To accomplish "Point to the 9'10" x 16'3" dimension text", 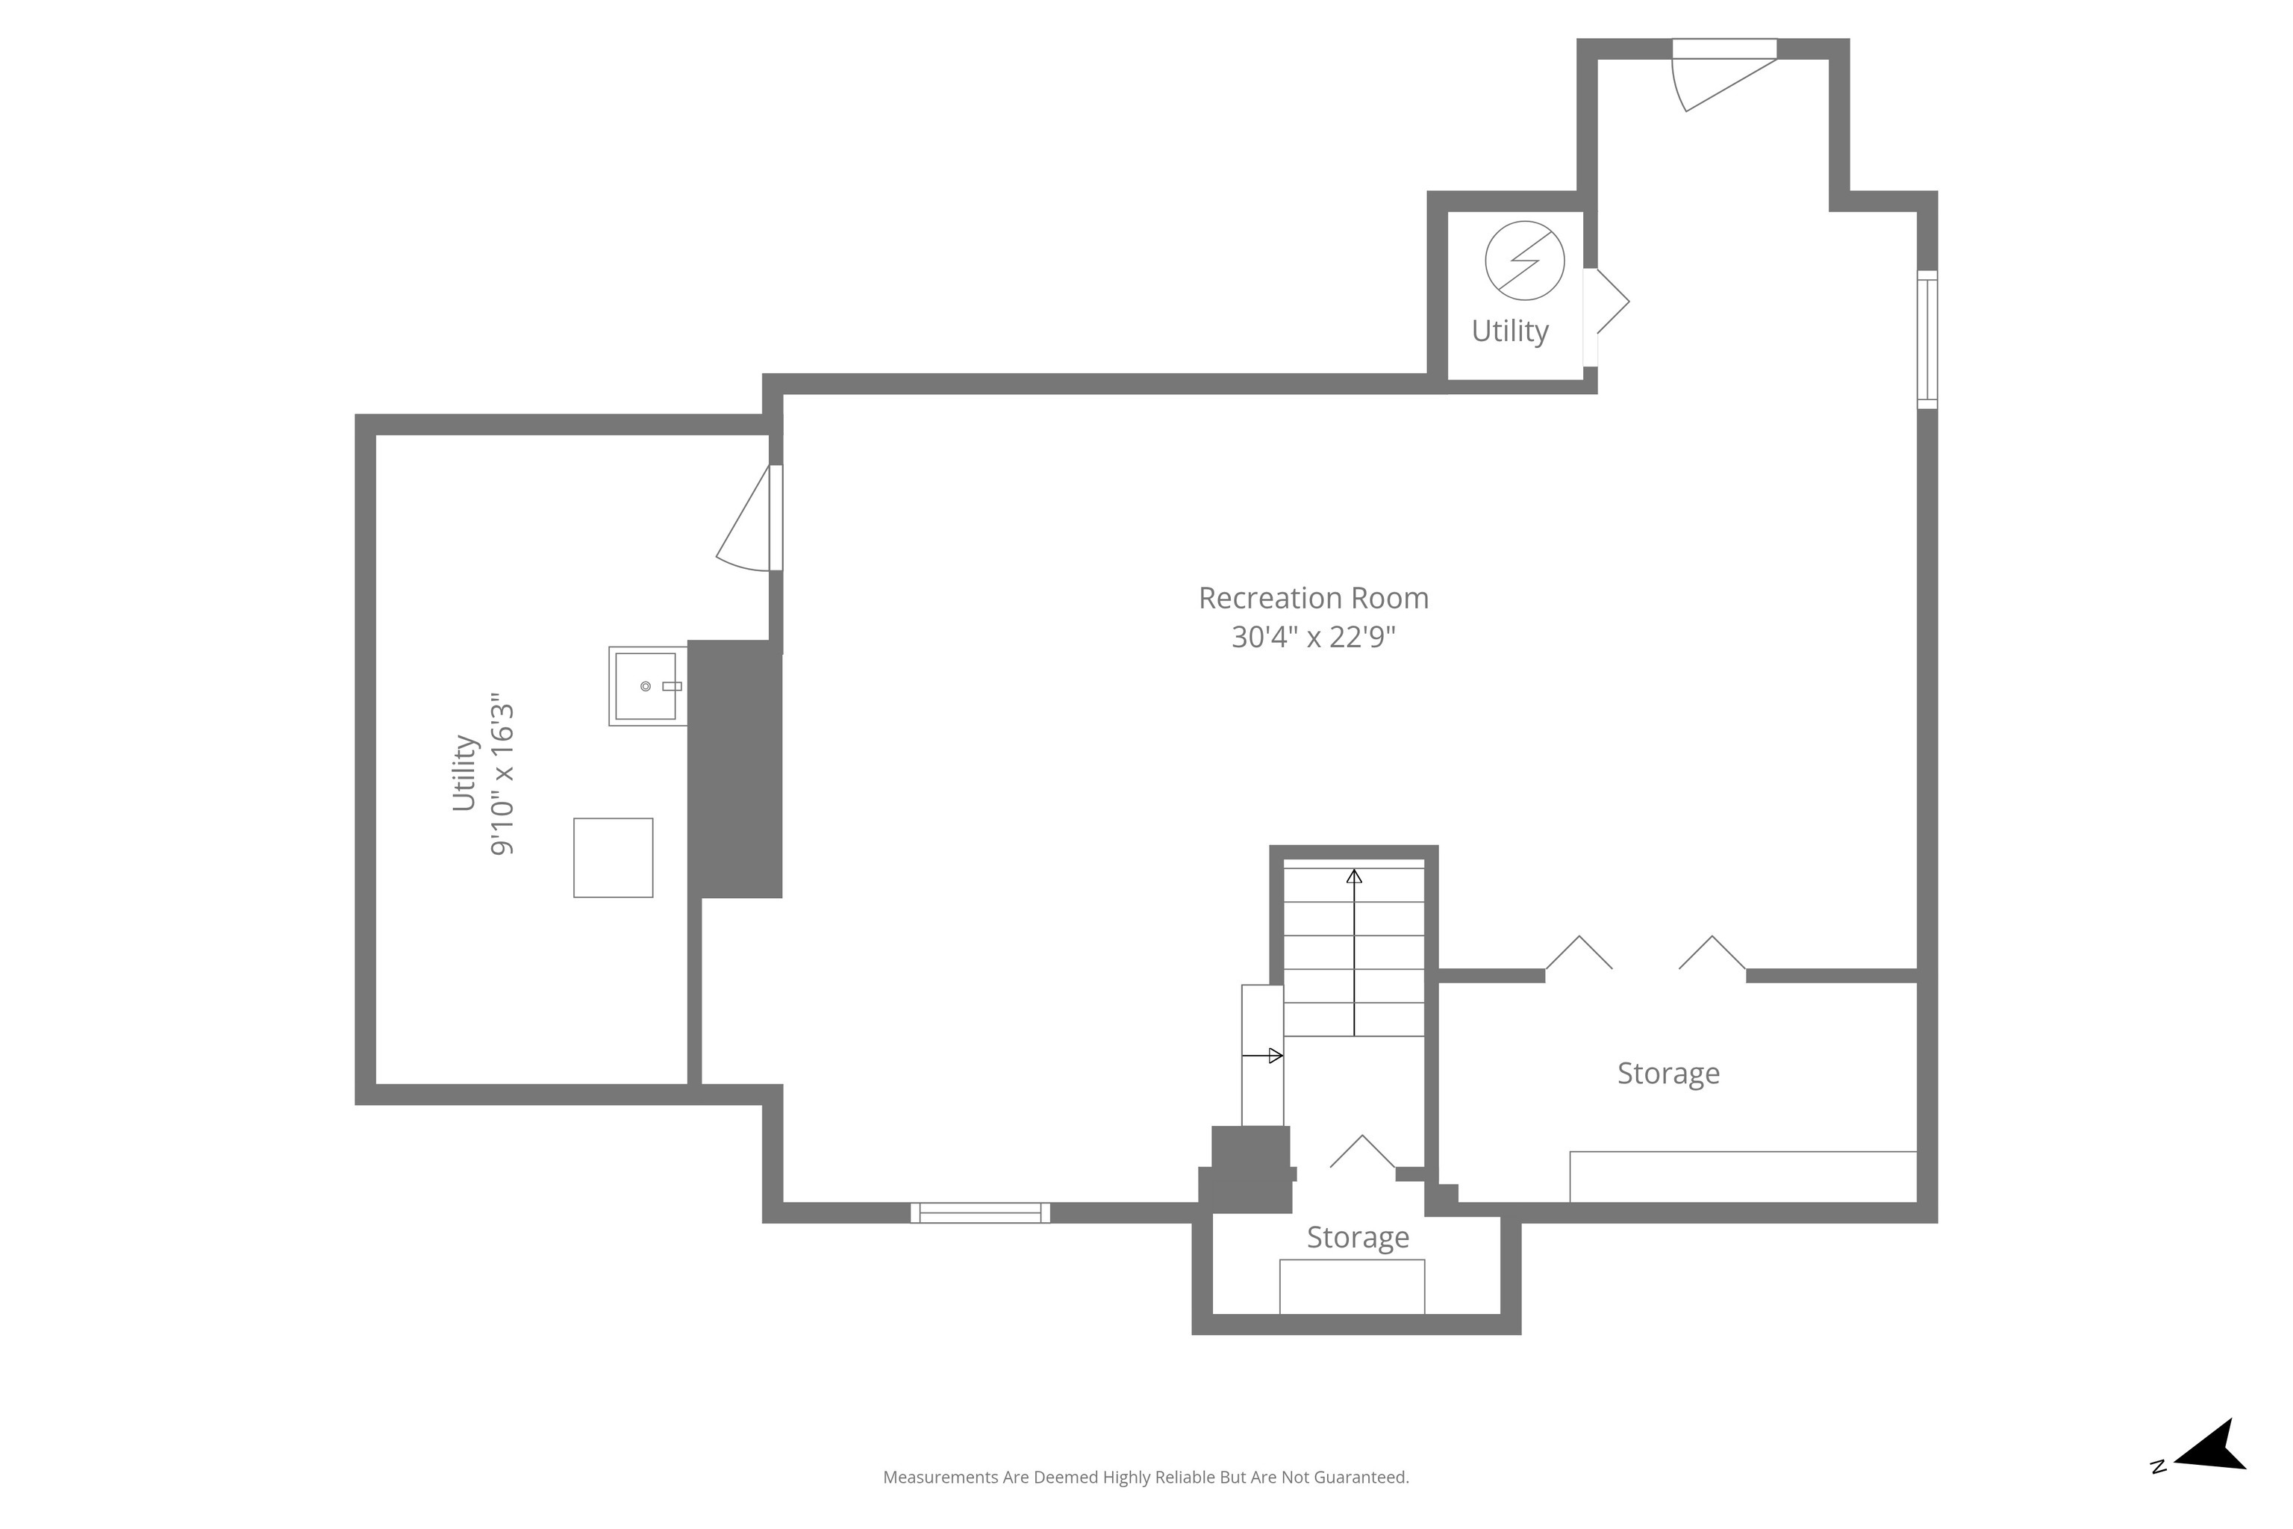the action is tap(501, 775).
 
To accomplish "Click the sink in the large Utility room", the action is tap(647, 687).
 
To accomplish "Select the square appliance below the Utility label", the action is tap(614, 858).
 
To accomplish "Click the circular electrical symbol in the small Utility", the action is tap(1525, 261).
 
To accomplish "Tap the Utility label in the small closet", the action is tap(1510, 331).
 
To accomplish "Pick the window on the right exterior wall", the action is tap(1927, 340).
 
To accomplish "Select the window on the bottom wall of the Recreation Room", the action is tap(980, 1213).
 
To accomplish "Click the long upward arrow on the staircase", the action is tap(1354, 953).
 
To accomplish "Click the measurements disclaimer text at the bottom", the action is tap(1146, 1477).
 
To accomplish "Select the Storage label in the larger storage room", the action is tap(1668, 1074).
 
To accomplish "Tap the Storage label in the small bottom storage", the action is tap(1358, 1237).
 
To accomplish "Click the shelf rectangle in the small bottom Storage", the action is tap(1353, 1286).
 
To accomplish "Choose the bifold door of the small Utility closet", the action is tap(1606, 302).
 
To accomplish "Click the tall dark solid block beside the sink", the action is tap(735, 770).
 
